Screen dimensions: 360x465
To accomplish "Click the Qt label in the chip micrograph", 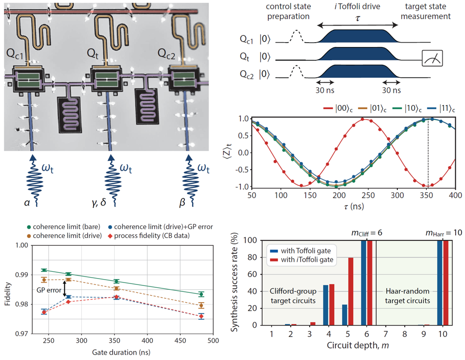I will pos(94,52).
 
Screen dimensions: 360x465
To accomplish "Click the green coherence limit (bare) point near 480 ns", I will pos(201,294).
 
